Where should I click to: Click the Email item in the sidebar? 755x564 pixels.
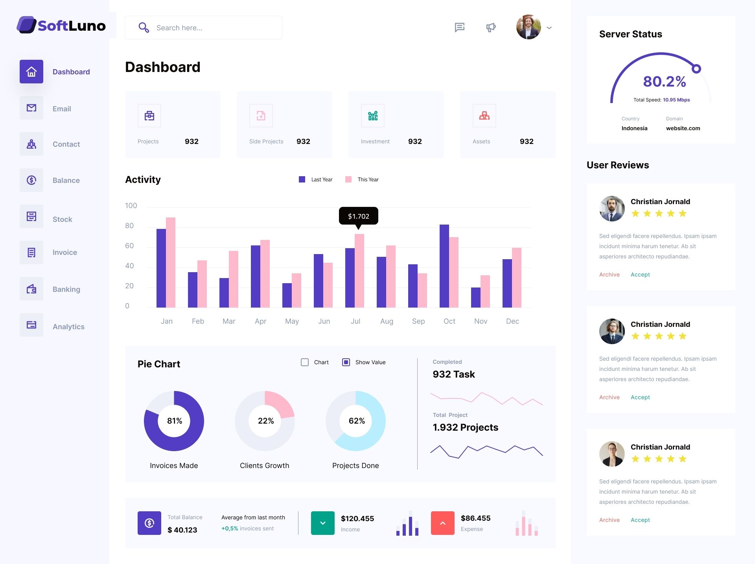tap(62, 109)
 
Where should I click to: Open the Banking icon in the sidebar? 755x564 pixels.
tap(31, 289)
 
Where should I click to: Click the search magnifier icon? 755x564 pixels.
tap(144, 28)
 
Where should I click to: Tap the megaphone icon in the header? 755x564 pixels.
tap(491, 28)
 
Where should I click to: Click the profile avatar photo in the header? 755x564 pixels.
tap(528, 27)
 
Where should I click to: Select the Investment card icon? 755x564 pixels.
tap(373, 116)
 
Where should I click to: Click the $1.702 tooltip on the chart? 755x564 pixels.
tap(358, 216)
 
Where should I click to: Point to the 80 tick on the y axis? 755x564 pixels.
tap(129, 226)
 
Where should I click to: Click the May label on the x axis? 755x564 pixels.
tap(292, 321)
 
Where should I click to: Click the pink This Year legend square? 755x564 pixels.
tap(348, 179)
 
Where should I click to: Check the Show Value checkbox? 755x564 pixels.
tap(346, 362)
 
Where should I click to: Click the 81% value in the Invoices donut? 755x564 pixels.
tap(175, 421)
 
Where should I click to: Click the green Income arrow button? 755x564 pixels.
tap(323, 523)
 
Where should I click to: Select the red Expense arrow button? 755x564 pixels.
tap(443, 523)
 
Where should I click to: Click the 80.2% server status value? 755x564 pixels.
tap(665, 81)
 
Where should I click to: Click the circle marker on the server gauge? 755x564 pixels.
tap(696, 69)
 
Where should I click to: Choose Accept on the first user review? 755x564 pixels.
tap(640, 275)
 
